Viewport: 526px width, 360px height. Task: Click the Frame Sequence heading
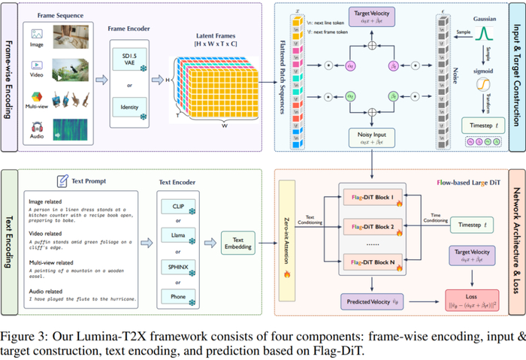(59, 13)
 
